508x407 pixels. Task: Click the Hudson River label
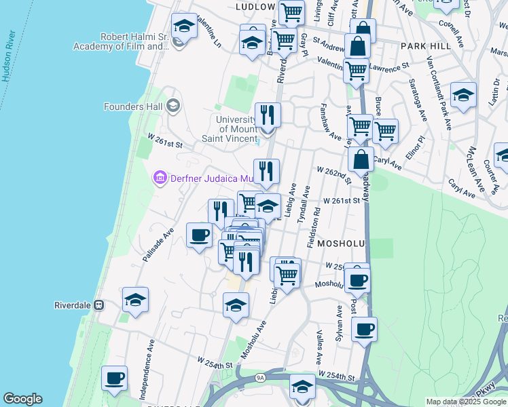click(9, 56)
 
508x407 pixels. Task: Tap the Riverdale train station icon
click(98, 305)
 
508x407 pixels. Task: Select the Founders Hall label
click(133, 106)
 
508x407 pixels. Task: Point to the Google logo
click(22, 399)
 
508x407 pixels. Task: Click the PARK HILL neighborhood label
click(426, 45)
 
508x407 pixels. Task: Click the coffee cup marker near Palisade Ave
click(199, 236)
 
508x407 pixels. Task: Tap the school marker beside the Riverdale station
click(136, 300)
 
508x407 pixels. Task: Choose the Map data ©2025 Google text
click(466, 402)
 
